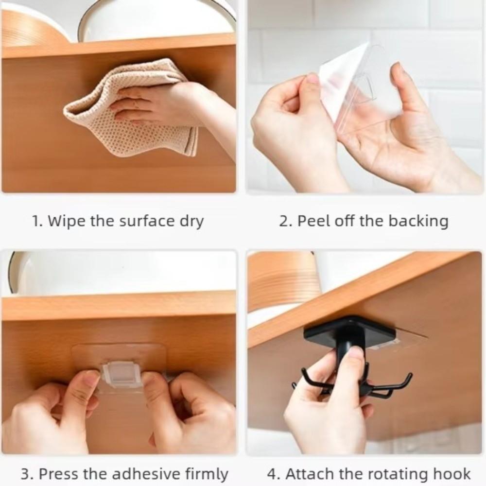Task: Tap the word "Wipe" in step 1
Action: pos(68,222)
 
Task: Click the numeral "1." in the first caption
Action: pos(37,222)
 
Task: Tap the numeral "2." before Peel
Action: pos(285,222)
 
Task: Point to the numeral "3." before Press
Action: pos(27,474)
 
